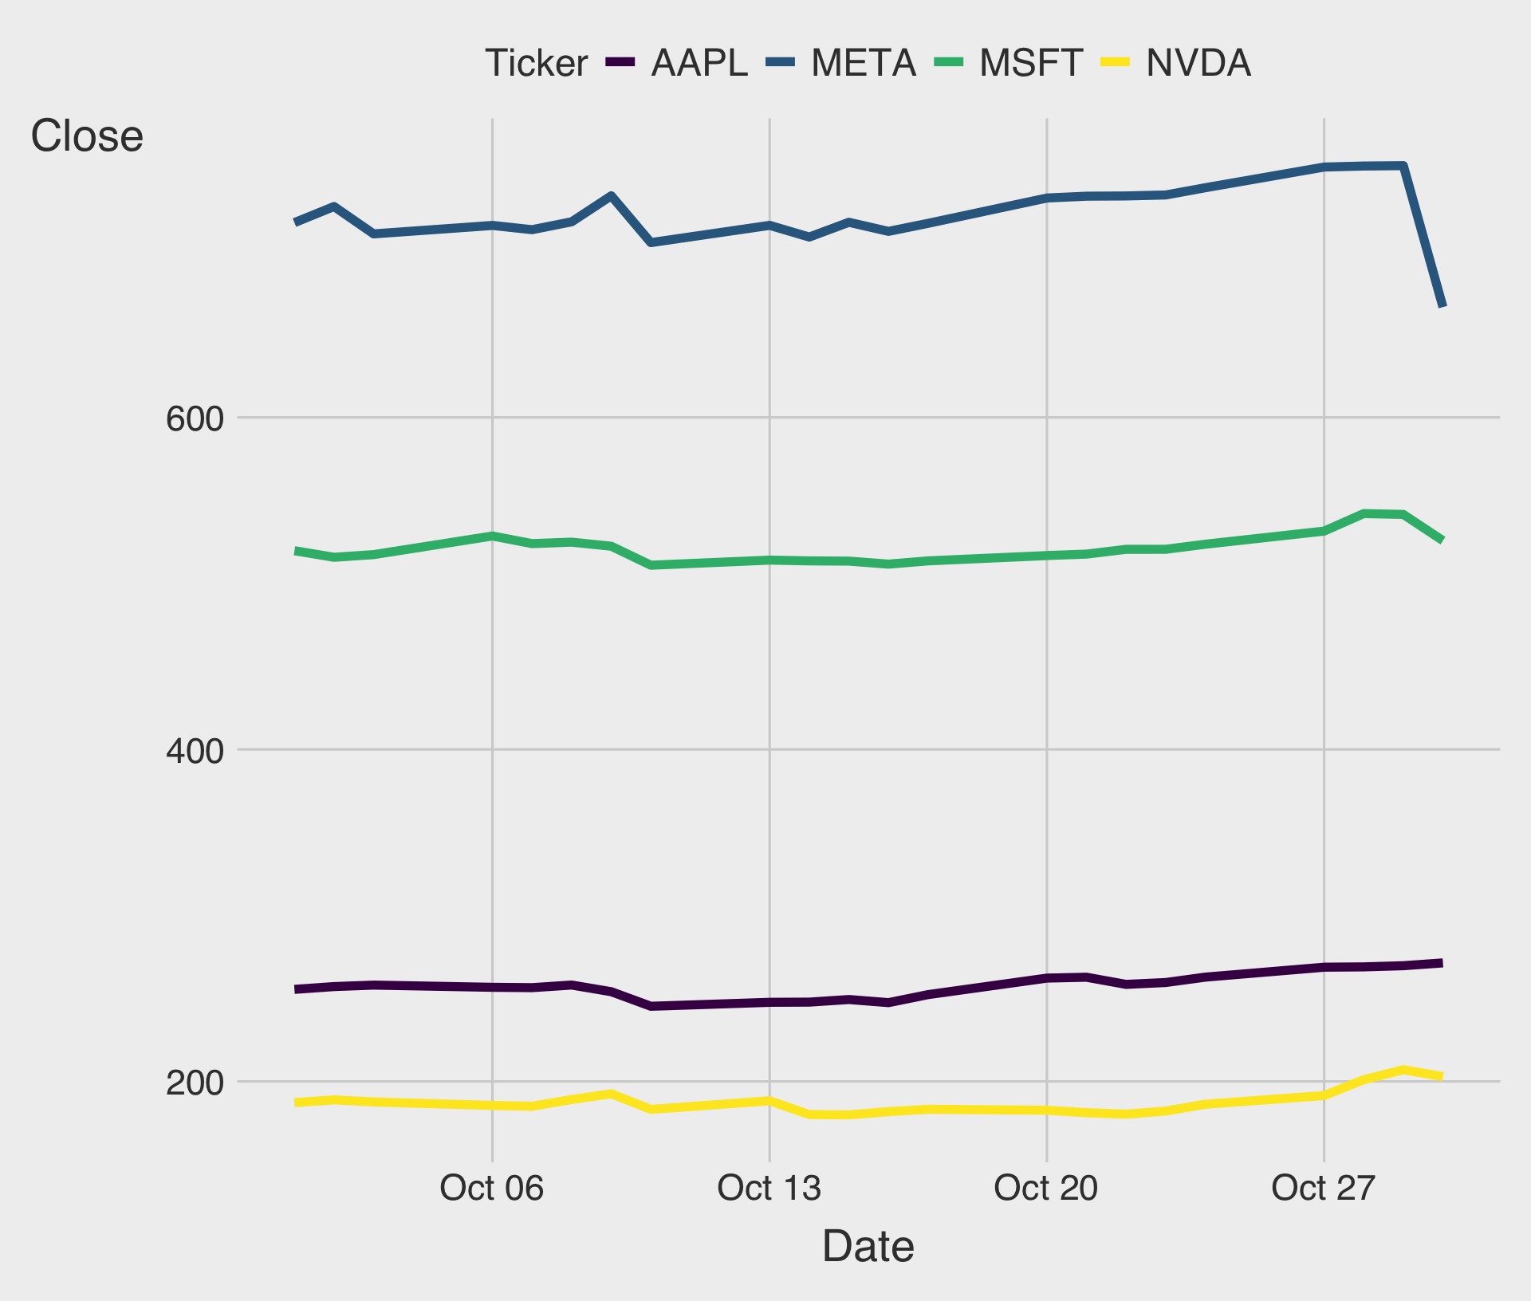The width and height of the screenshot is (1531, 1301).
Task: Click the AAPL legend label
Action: (699, 63)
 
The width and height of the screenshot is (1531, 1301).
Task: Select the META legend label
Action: (864, 63)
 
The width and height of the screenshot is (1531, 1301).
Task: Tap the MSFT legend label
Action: (1031, 63)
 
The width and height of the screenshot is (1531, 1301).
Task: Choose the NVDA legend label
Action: (1198, 63)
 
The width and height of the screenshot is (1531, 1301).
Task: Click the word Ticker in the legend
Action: (537, 63)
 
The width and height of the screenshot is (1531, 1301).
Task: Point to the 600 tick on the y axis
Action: (192, 419)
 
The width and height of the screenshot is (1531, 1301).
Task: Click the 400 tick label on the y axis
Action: (192, 751)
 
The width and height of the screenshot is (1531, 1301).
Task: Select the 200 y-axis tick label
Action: (192, 1083)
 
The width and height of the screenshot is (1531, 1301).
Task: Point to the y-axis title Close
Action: (87, 136)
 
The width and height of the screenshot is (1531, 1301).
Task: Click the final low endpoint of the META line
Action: (1442, 305)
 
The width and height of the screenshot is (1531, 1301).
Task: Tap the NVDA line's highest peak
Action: (1403, 1069)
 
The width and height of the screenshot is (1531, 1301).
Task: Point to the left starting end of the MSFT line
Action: (296, 551)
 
